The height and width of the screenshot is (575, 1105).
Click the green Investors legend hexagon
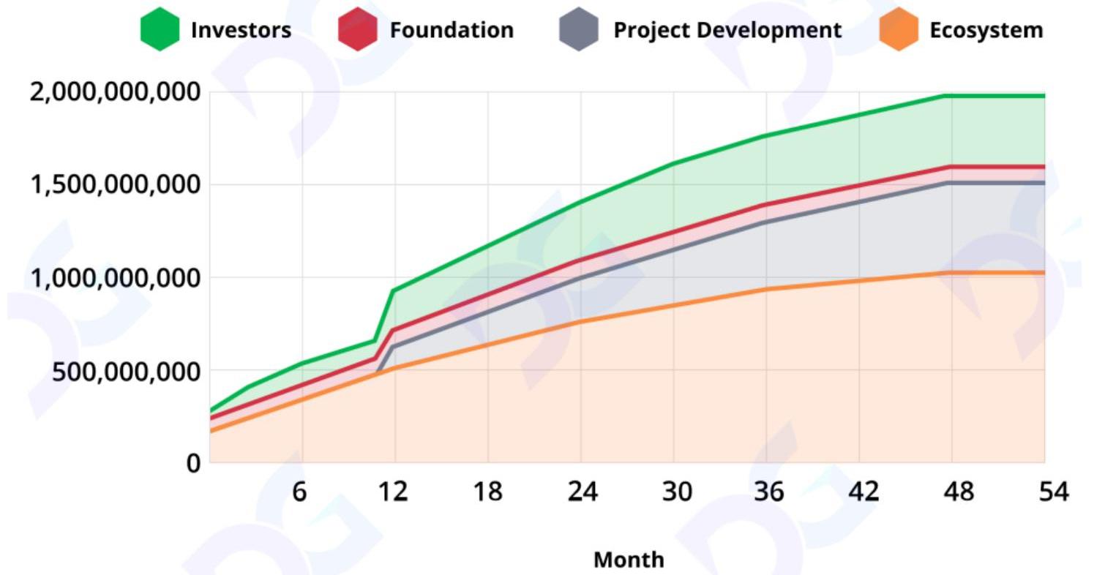click(160, 29)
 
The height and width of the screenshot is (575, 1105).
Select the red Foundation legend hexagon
click(358, 29)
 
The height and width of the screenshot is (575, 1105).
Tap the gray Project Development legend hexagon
click(578, 29)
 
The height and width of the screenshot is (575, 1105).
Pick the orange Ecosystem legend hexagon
click(899, 29)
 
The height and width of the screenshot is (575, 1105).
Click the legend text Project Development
click(727, 30)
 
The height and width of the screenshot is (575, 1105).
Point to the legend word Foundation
click(452, 30)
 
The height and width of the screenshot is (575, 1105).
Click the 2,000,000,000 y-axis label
click(115, 92)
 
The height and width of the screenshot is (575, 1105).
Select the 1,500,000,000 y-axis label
click(115, 184)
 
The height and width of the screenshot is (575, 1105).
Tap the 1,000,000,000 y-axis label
click(115, 278)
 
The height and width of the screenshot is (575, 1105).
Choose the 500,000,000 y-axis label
click(126, 371)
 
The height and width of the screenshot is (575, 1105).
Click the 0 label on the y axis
click(193, 463)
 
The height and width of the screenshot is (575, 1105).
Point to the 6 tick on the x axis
click(299, 492)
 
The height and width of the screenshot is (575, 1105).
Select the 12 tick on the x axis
click(393, 492)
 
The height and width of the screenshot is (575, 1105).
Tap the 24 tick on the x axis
click(582, 492)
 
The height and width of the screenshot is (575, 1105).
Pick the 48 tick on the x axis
click(959, 492)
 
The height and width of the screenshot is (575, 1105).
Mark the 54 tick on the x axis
click(1054, 492)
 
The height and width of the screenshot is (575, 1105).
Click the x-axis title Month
click(629, 560)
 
